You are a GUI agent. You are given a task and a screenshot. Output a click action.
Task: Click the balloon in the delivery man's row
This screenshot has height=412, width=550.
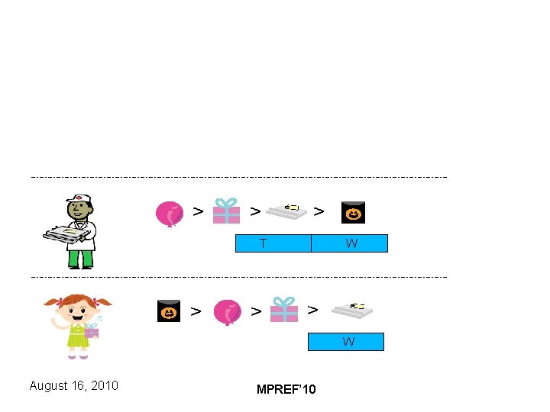pyautogui.click(x=169, y=214)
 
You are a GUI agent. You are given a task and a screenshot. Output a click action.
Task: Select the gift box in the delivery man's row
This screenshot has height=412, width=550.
pyautogui.click(x=226, y=211)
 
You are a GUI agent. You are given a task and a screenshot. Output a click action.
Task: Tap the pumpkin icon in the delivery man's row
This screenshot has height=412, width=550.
pyautogui.click(x=353, y=213)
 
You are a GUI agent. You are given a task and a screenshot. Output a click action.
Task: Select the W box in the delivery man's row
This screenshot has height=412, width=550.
pyautogui.click(x=350, y=243)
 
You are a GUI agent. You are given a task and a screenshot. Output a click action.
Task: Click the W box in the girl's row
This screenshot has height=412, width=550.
pyautogui.click(x=345, y=342)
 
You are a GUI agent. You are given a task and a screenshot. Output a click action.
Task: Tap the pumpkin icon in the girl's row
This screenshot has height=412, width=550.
pyautogui.click(x=169, y=311)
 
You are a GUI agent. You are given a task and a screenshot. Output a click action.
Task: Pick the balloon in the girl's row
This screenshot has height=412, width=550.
pyautogui.click(x=227, y=312)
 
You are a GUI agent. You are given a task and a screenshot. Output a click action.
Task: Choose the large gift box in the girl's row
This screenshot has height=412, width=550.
pyautogui.click(x=284, y=310)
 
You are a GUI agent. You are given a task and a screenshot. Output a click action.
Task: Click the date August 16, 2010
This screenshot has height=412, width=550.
pyautogui.click(x=73, y=385)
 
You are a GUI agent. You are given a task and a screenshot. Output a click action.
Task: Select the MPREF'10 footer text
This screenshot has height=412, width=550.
pyautogui.click(x=286, y=390)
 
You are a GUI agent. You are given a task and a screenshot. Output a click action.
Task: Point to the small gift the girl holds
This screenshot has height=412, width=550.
pyautogui.click(x=92, y=330)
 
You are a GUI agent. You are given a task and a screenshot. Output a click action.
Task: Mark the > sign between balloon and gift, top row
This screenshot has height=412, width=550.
pyautogui.click(x=198, y=211)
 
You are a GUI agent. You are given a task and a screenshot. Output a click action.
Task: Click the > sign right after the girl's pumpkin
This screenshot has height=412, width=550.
pyautogui.click(x=196, y=311)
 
